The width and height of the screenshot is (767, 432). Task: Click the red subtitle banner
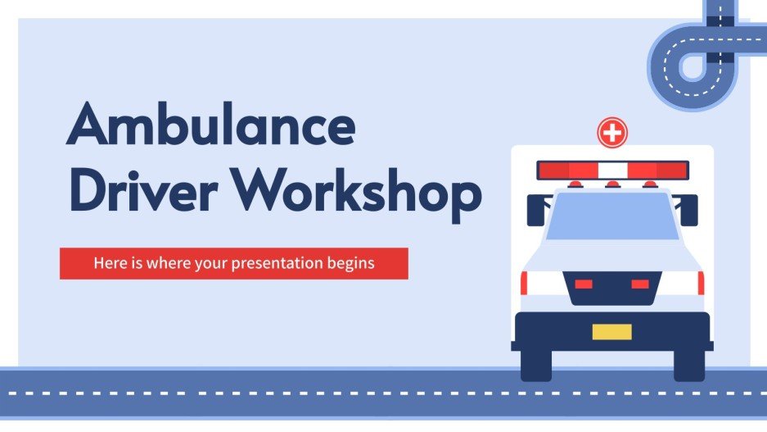click(x=233, y=263)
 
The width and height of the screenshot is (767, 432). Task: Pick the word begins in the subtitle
click(x=351, y=264)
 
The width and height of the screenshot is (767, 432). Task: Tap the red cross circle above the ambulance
click(x=611, y=131)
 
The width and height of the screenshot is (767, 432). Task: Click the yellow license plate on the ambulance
click(x=611, y=331)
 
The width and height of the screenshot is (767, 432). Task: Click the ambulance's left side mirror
click(x=535, y=210)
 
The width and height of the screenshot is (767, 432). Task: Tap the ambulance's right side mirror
click(x=689, y=210)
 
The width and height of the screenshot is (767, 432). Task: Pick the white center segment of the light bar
click(x=611, y=171)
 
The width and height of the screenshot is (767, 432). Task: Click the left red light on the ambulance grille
click(x=584, y=284)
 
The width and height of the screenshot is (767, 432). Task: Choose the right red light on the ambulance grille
click(x=639, y=284)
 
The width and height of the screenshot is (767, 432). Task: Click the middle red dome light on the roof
click(x=611, y=184)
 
